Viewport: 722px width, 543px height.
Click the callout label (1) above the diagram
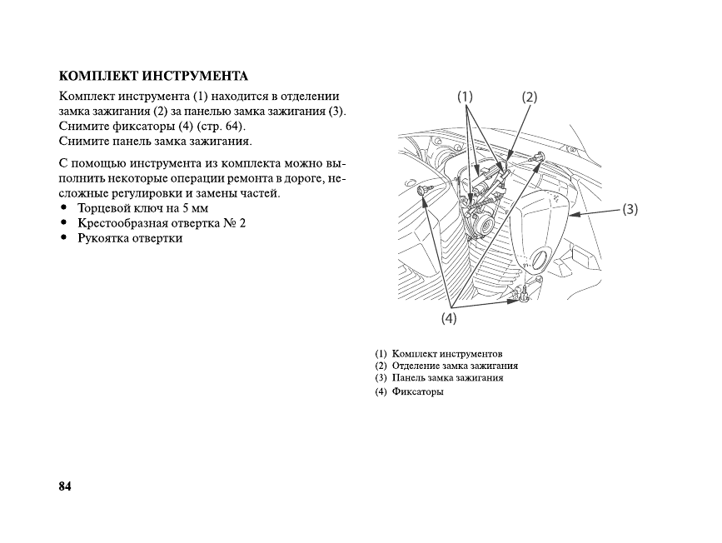[465, 96]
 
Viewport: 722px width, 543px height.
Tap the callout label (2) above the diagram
[530, 97]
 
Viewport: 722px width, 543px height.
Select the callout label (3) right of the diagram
[630, 209]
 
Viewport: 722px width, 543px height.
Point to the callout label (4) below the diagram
[449, 317]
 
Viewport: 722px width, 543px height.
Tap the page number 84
[66, 486]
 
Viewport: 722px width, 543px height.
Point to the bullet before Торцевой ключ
[65, 208]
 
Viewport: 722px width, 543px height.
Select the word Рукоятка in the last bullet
[104, 238]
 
